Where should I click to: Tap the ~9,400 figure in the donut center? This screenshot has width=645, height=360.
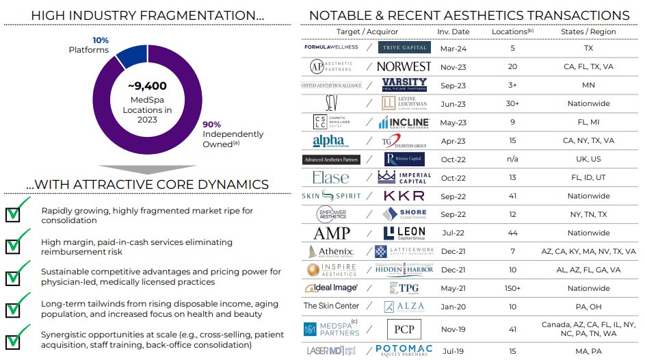pos(147,86)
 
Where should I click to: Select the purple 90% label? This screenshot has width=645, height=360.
pos(211,125)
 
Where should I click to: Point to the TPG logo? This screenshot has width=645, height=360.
pos(406,288)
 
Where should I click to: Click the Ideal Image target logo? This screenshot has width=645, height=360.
pos(330,288)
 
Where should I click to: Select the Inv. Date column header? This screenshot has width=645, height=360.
pos(453,31)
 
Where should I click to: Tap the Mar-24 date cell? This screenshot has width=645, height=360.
pos(453,48)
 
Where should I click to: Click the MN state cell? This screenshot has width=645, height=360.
pos(588,85)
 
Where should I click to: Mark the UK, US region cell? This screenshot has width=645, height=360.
pos(588,159)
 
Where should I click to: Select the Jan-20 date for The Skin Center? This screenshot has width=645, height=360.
pos(453,307)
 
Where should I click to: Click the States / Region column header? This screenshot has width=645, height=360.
pos(588,31)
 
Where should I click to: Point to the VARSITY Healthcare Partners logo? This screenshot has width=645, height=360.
pos(405,84)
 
